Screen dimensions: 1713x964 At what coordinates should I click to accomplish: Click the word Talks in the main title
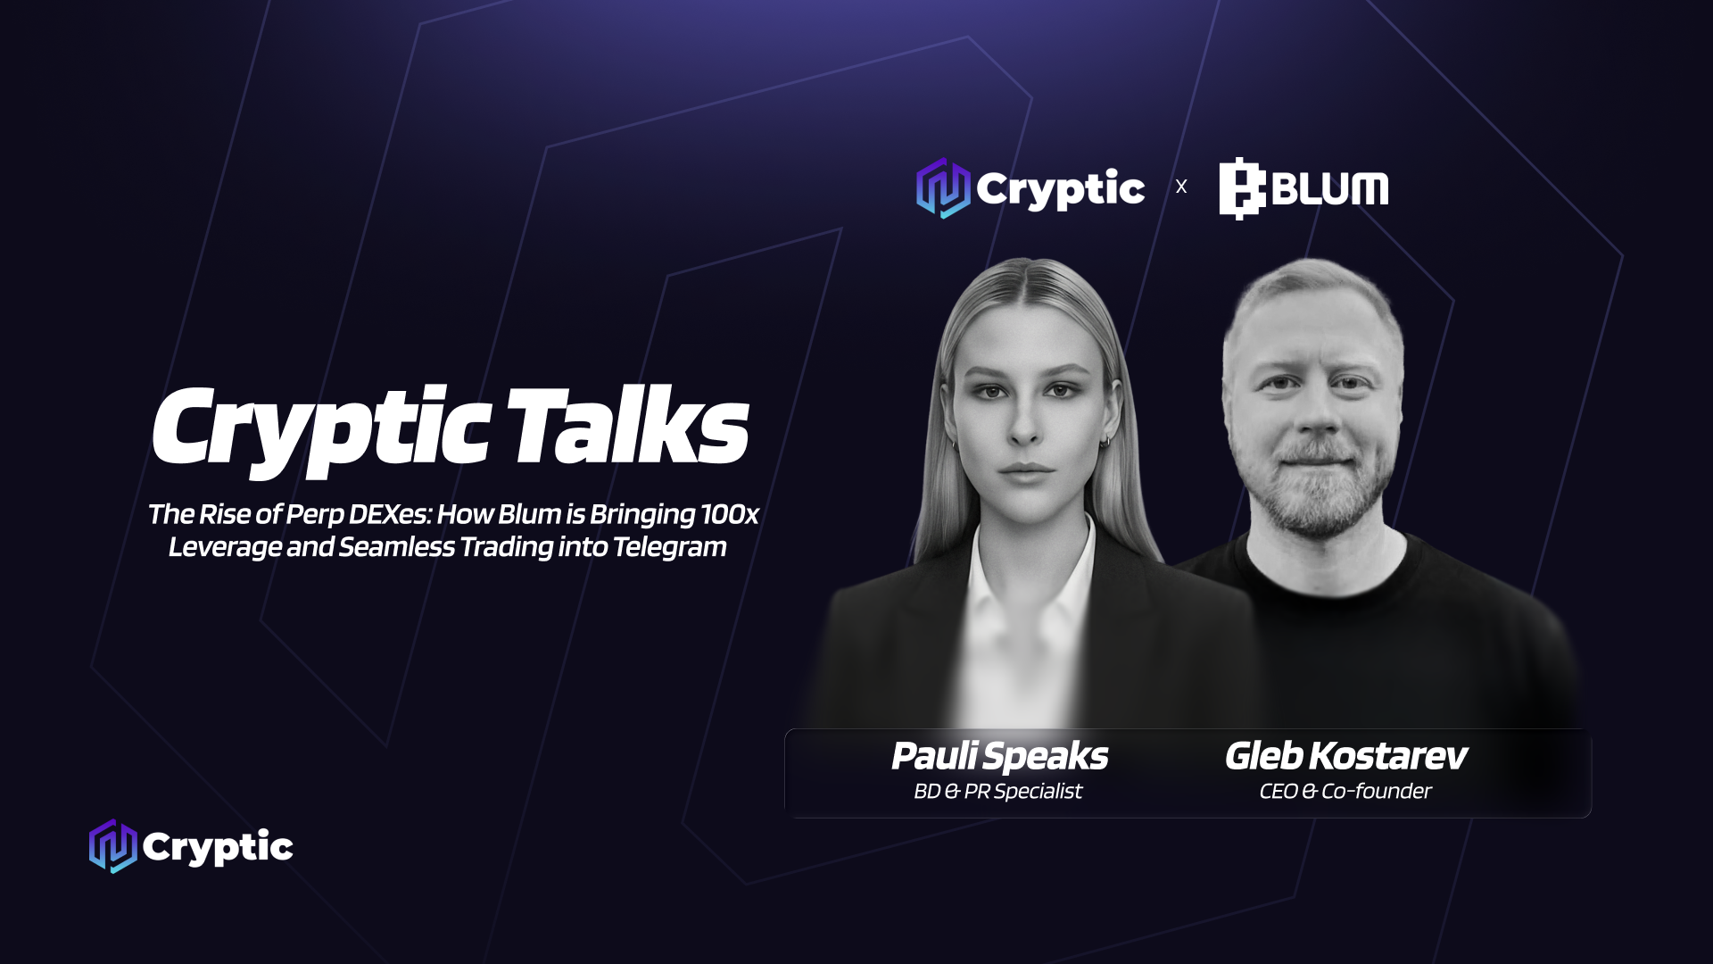point(629,428)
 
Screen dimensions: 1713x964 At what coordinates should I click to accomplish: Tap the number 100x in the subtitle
point(730,514)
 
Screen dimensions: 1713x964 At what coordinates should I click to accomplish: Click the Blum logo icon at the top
point(1243,188)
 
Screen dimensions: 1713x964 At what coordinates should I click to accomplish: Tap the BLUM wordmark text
point(1330,188)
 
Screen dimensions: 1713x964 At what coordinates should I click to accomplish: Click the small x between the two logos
point(1181,187)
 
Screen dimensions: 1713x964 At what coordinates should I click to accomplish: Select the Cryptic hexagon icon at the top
point(943,188)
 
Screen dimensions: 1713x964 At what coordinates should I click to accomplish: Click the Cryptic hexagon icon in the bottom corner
point(113,846)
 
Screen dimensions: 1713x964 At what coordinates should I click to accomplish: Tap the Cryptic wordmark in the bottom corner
point(218,847)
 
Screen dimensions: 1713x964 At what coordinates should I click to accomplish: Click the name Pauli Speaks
point(999,756)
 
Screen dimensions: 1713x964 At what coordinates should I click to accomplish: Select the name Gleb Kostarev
point(1345,756)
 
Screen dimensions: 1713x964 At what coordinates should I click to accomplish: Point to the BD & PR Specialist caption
point(997,791)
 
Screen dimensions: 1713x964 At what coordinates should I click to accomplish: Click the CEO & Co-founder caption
point(1345,791)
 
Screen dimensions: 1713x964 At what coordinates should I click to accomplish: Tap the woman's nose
point(1024,421)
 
